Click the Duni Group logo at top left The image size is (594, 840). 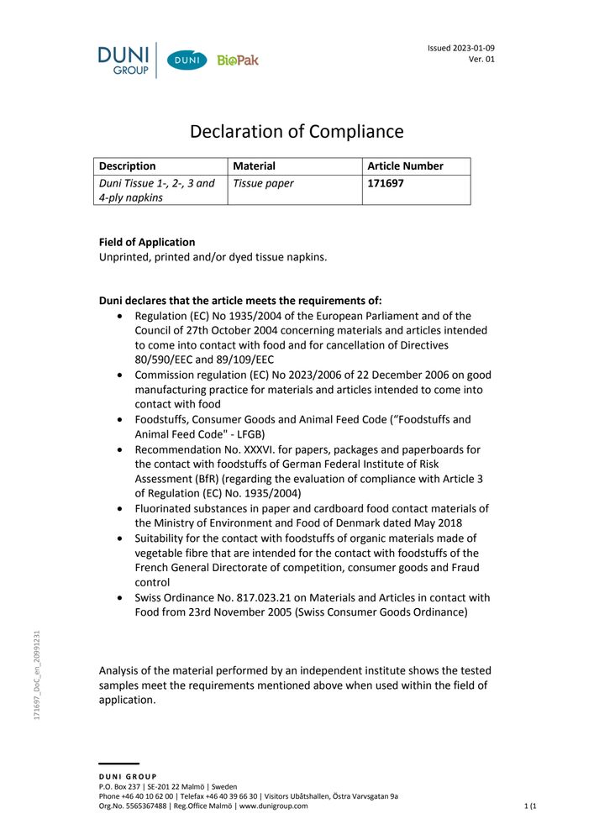coord(124,60)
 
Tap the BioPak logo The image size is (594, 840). coord(238,60)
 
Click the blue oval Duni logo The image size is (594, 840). coord(187,60)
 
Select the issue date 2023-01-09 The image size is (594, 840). coord(472,48)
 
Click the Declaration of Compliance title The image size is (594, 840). coord(297,132)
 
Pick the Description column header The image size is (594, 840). coord(127,166)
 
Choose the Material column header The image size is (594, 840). coord(254,166)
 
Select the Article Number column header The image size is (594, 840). coord(405,166)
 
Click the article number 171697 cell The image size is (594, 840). coord(386,182)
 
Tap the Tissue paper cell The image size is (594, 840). coord(263,182)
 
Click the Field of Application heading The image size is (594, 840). coord(147,242)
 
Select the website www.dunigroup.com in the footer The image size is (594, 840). coord(273,806)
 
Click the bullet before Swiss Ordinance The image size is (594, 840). coord(124,598)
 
